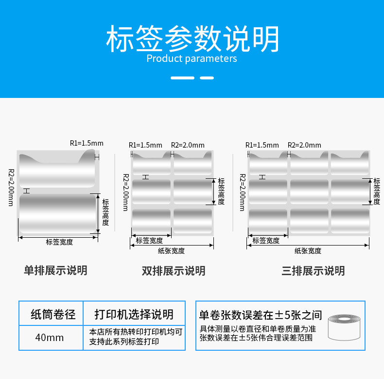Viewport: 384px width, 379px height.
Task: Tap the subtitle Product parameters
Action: pos(192,59)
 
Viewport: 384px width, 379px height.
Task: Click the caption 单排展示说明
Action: pos(56,270)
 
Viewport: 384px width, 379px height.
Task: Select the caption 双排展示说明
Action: pos(174,270)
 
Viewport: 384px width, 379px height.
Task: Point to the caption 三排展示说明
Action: pos(313,270)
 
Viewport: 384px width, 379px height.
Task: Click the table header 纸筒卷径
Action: pos(53,314)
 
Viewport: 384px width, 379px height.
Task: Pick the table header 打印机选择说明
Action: pos(134,314)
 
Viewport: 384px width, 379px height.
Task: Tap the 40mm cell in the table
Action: pos(50,337)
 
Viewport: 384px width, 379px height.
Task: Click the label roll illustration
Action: pos(345,326)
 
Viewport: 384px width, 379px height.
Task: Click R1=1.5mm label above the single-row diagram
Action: pos(87,143)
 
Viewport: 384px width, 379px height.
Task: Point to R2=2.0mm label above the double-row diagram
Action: pos(188,145)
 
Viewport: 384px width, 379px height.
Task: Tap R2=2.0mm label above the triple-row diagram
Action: pos(304,145)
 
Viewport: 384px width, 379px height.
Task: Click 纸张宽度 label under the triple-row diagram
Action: pos(308,251)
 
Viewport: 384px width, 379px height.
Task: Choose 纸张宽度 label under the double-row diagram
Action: pos(171,251)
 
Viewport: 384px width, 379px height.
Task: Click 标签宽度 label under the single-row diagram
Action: pos(59,242)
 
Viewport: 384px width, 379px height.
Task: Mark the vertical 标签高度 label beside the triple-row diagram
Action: pos(377,191)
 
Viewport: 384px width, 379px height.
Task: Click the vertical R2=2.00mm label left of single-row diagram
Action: pos(11,188)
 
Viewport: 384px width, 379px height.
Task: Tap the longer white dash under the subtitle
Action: pos(183,78)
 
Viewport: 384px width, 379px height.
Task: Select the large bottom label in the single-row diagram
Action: pos(58,213)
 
